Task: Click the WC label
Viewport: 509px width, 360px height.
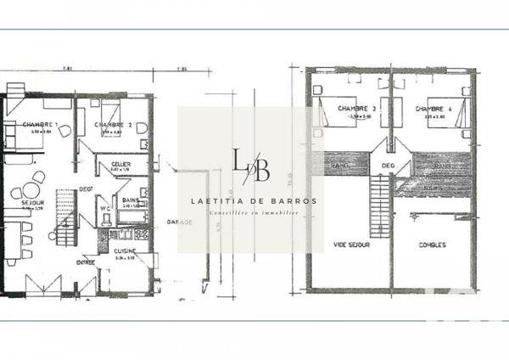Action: point(103,206)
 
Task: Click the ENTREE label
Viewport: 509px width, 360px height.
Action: point(86,262)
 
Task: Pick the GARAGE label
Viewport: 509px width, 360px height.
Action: point(178,222)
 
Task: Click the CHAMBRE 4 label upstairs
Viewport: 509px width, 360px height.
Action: point(432,109)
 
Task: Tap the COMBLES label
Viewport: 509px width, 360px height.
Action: point(433,245)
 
